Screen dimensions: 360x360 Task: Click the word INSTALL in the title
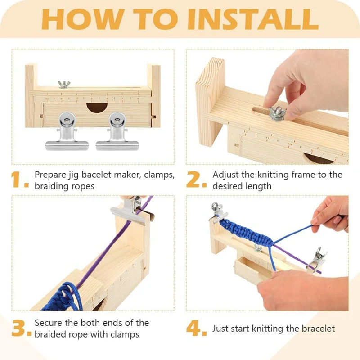[x=253, y=19]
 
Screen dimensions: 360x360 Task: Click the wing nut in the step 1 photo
[x=64, y=84]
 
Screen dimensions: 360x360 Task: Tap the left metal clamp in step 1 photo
[x=67, y=131]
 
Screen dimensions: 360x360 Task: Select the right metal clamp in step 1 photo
[x=117, y=131]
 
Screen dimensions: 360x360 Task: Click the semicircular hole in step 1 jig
[x=97, y=108]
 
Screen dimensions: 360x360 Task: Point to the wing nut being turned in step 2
[x=277, y=113]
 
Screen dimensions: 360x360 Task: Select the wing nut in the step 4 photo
[x=258, y=248]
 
